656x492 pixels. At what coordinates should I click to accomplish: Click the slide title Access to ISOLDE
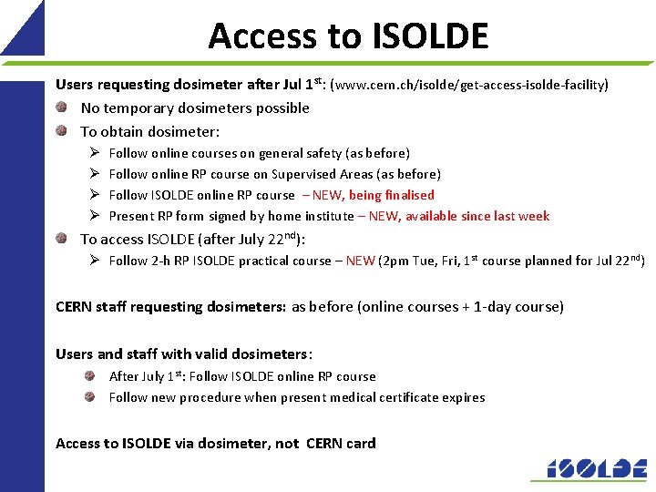pos(348,36)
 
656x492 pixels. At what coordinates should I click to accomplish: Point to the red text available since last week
pos(477,216)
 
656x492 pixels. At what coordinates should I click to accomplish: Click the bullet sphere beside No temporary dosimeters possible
pos(61,108)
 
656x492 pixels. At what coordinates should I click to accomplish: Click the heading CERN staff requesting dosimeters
pos(170,307)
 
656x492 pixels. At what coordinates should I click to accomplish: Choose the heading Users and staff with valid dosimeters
pos(183,354)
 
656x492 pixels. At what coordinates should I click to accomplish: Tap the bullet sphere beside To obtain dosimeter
pos(61,130)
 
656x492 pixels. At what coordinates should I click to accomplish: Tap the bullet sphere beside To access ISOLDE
pos(61,239)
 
